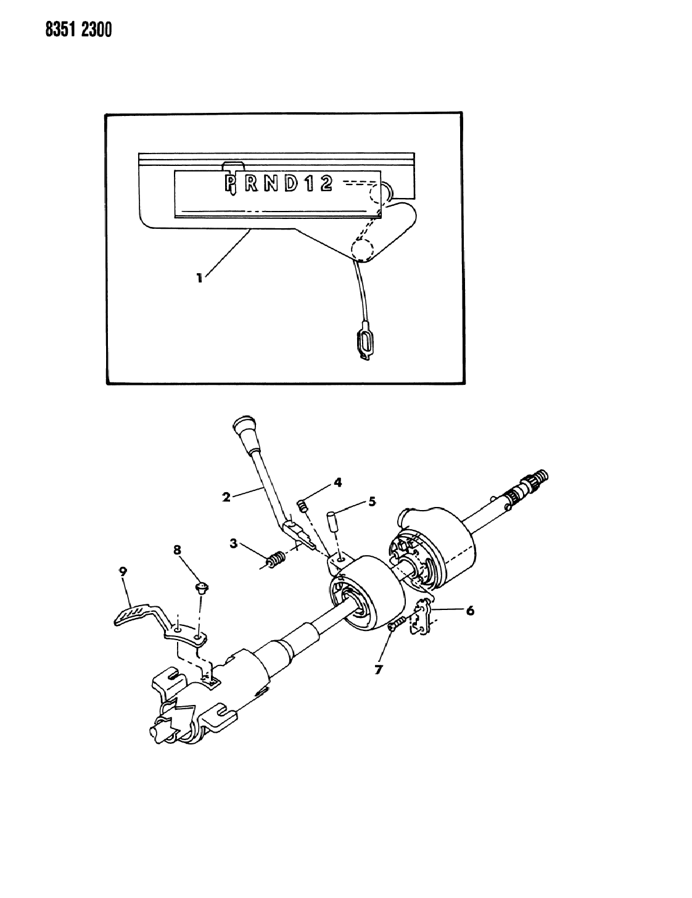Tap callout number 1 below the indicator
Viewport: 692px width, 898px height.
coord(199,278)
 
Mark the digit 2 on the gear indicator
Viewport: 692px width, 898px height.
coord(326,183)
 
